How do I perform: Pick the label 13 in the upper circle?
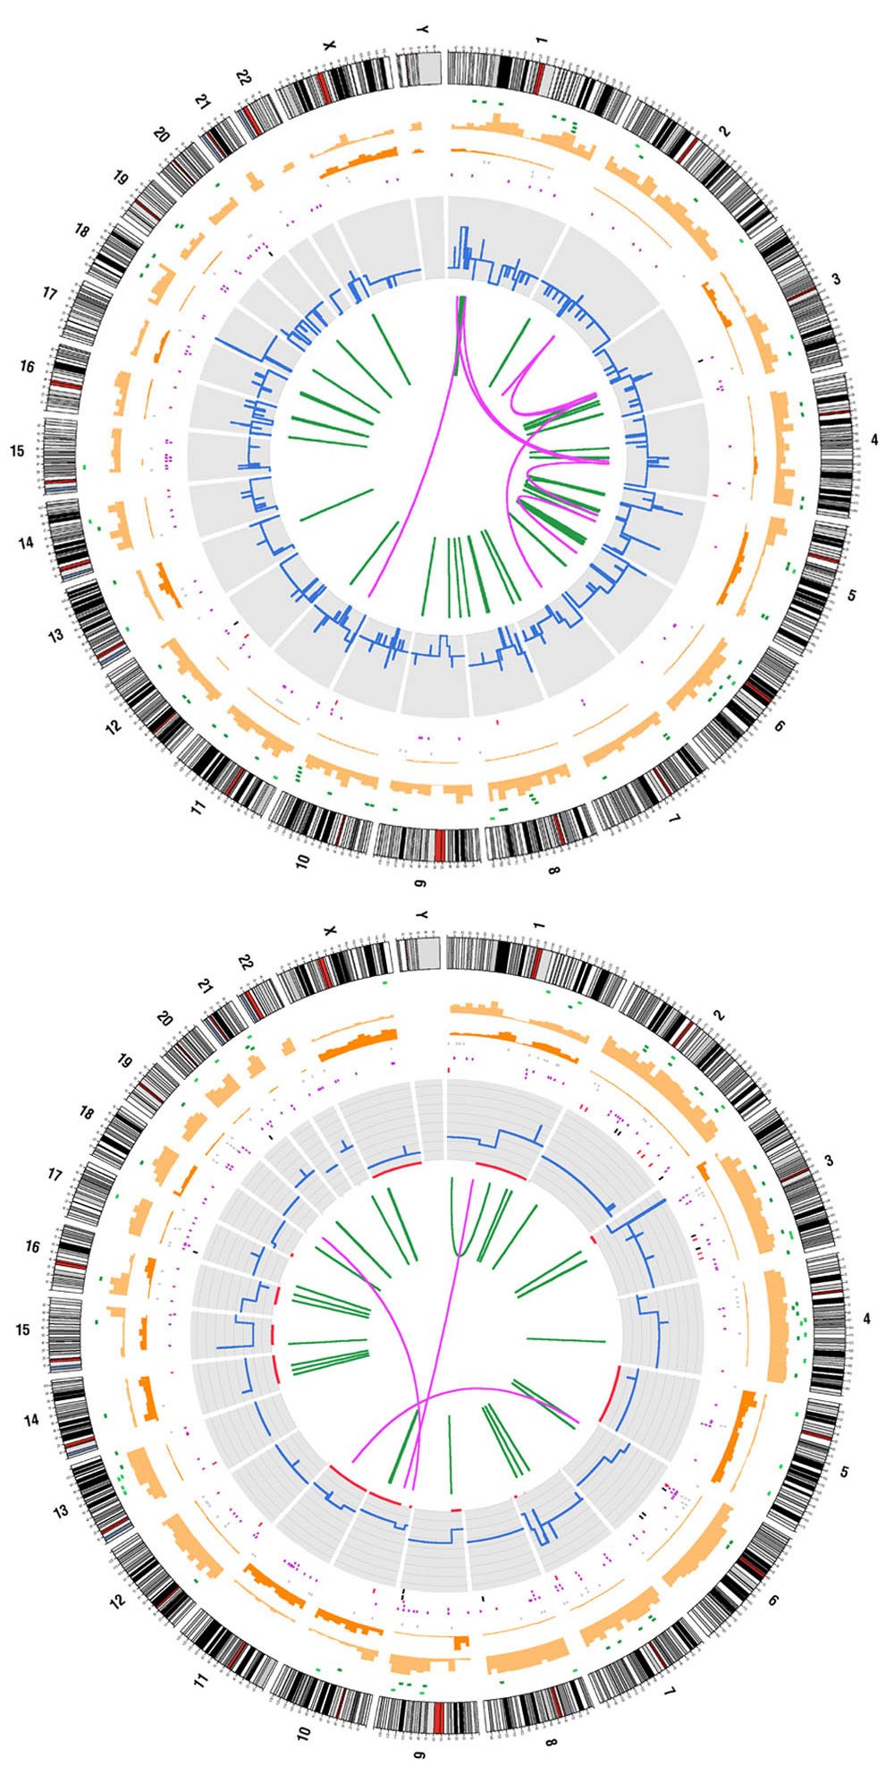(x=56, y=635)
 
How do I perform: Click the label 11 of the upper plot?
(x=198, y=808)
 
